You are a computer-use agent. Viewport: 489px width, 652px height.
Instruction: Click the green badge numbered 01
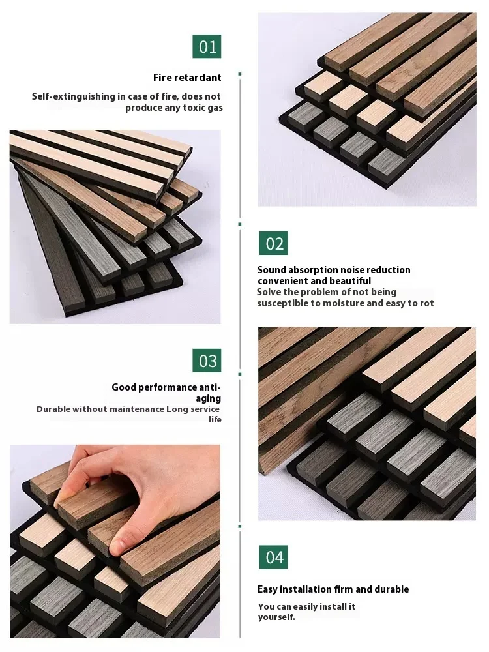pos(207,46)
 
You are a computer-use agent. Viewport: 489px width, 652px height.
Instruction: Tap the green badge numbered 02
pos(273,243)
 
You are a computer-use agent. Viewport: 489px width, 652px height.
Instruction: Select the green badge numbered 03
pos(207,361)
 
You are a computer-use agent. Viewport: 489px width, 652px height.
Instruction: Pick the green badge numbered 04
pos(273,557)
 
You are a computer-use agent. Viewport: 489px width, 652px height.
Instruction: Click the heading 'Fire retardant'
pos(187,78)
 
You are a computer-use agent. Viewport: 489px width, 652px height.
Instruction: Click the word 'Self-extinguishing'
pos(74,96)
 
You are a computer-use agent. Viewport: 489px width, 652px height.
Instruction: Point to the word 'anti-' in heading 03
pos(209,387)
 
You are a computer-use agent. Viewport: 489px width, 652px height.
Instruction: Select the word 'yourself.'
pos(276,617)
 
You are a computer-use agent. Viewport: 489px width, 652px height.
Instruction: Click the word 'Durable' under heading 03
pos(55,409)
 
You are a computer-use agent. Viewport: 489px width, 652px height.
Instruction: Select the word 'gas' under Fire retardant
pos(215,108)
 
